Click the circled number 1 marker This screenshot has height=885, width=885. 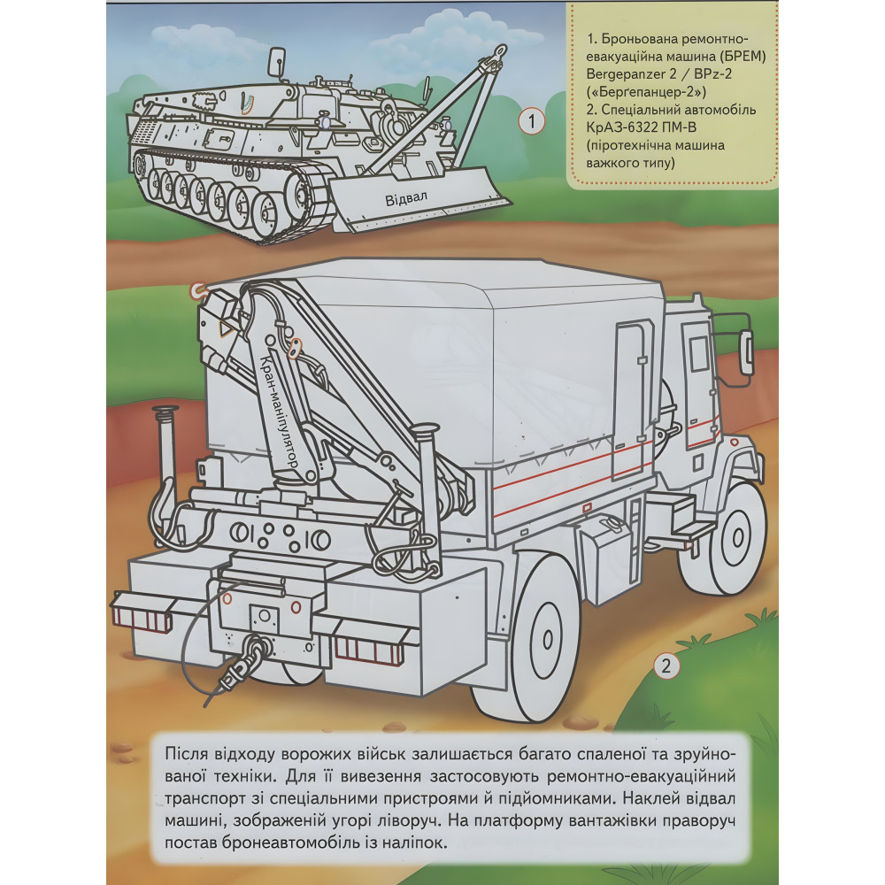click(531, 121)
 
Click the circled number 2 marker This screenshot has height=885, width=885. click(666, 666)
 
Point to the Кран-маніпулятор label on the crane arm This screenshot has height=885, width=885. click(278, 412)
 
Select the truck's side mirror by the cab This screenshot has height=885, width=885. click(745, 352)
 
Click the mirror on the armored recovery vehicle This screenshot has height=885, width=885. click(276, 62)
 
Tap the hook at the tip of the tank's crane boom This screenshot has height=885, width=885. click(499, 55)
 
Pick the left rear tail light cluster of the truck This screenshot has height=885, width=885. click(141, 612)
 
